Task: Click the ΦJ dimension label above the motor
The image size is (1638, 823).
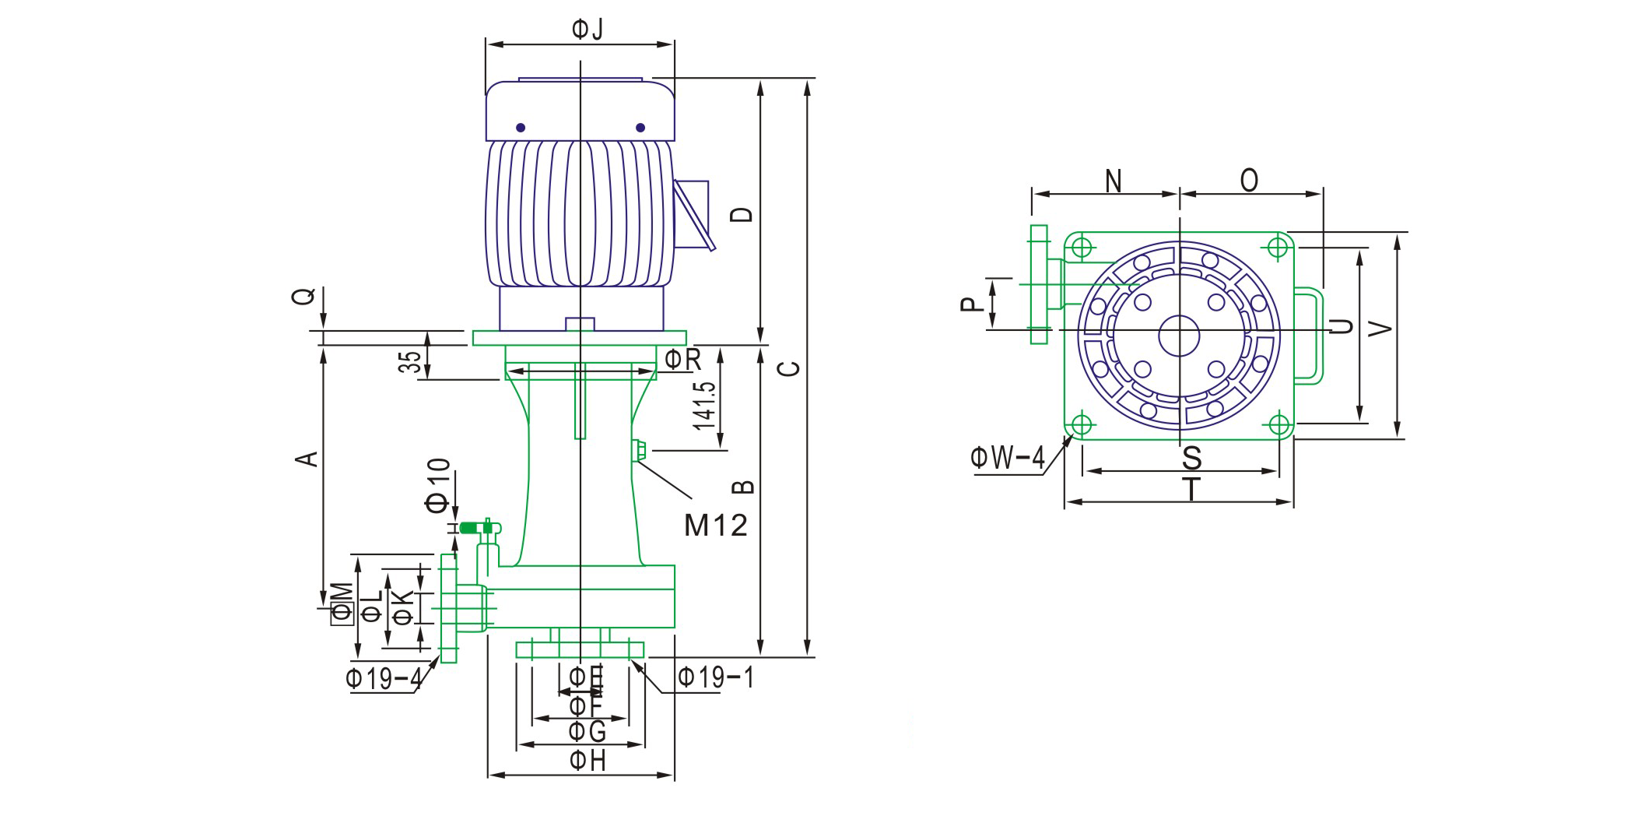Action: point(588,30)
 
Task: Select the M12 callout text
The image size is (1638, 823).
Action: point(715,526)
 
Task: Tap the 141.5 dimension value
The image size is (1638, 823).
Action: point(704,405)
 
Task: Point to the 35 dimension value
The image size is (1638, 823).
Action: point(410,362)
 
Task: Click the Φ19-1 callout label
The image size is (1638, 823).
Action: point(715,677)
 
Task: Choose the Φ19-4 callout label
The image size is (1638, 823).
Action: point(383,679)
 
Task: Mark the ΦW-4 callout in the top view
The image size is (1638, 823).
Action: point(1007,457)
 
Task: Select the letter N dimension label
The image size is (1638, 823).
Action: point(1114,181)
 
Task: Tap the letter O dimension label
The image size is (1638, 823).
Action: point(1249,181)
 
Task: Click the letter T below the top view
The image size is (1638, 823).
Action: point(1191,491)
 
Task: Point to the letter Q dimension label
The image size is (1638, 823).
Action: point(304,297)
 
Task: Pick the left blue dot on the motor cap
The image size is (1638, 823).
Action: point(521,128)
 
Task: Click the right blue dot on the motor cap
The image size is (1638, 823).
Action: point(640,128)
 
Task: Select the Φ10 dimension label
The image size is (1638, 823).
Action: point(438,486)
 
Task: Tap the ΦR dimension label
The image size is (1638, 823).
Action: point(682,360)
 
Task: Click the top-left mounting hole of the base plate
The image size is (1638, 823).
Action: point(1082,248)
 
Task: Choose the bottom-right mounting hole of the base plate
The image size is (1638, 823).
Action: point(1279,424)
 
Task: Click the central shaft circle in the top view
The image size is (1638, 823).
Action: point(1179,336)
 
